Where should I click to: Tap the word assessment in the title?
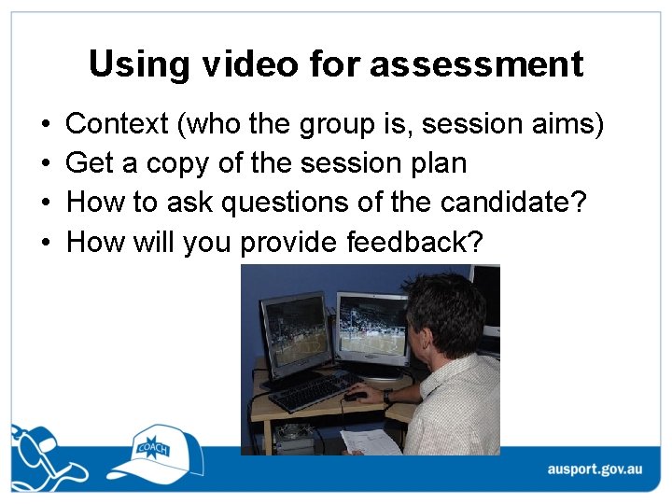pyautogui.click(x=477, y=64)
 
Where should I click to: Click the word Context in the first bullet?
pyautogui.click(x=118, y=123)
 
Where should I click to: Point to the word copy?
pyautogui.click(x=177, y=163)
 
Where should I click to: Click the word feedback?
pyautogui.click(x=414, y=244)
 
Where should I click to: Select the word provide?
pyautogui.click(x=290, y=244)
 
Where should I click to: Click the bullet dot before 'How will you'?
pyautogui.click(x=46, y=244)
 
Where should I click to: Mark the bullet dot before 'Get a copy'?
pyautogui.click(x=46, y=163)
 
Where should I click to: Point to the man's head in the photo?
pyautogui.click(x=446, y=313)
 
